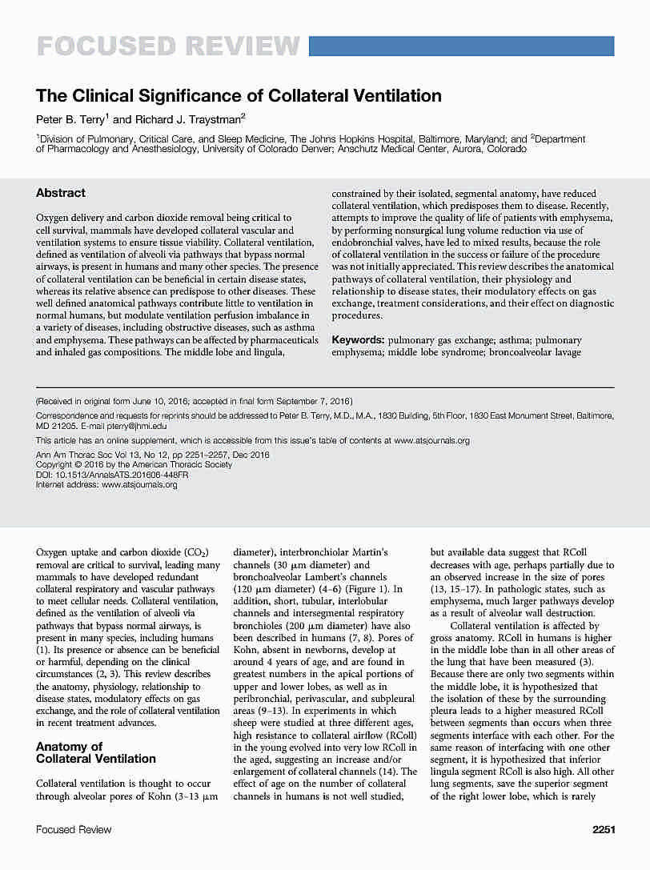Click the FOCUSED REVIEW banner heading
168,46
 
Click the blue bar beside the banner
461,46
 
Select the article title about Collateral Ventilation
239,96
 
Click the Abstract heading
61,193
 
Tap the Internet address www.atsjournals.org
139,484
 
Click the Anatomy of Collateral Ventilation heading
96,752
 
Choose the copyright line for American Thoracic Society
134,464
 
